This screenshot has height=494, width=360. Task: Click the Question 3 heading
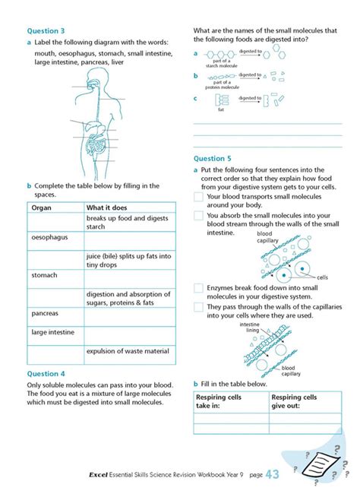(46, 31)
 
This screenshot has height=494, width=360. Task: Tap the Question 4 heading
(46, 374)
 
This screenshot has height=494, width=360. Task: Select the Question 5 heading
(212, 159)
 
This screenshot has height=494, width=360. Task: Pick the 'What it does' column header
(107, 207)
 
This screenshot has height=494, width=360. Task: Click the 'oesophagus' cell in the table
(49, 237)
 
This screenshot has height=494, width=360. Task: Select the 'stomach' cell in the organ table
(44, 275)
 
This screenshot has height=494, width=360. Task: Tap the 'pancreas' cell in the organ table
(46, 312)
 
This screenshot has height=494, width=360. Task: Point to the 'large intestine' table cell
(53, 331)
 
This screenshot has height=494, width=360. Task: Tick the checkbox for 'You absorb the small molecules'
(198, 217)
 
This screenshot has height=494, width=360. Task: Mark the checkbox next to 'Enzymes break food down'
(198, 288)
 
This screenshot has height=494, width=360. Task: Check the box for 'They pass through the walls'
(198, 307)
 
